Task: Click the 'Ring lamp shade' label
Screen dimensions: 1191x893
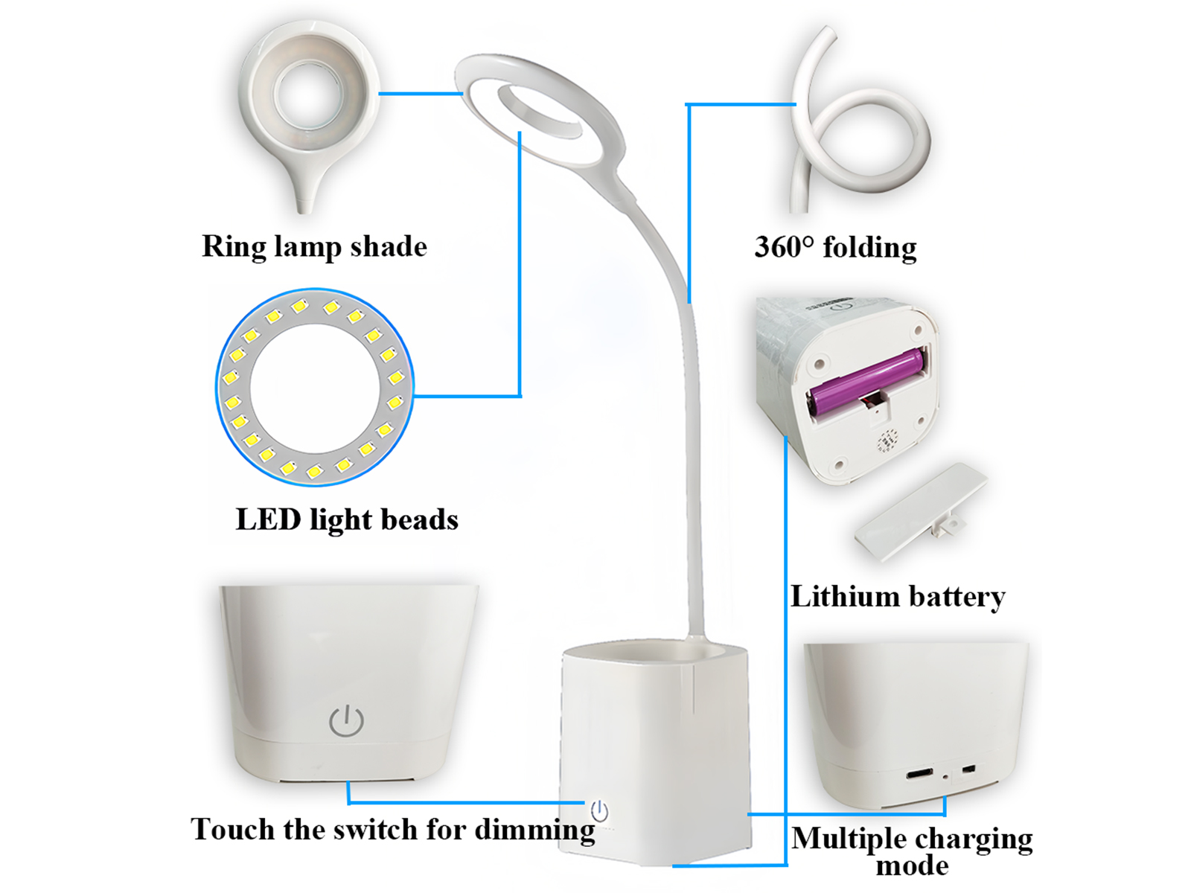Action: pos(314,247)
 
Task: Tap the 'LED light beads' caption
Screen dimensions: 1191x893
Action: pos(347,520)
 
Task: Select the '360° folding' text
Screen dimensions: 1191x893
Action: pos(836,248)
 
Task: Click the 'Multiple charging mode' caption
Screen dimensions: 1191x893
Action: pos(912,850)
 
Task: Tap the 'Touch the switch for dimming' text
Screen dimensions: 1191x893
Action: pos(393,830)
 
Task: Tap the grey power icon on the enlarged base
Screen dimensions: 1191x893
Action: pos(346,720)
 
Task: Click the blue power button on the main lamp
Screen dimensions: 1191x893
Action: pos(599,812)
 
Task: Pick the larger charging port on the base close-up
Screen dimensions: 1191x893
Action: pos(920,772)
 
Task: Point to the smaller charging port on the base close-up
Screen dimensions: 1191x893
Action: pos(968,770)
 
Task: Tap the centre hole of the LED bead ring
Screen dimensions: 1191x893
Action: pos(315,388)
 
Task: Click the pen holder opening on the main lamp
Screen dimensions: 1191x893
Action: pos(654,656)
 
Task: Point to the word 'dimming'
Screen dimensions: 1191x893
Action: pos(535,830)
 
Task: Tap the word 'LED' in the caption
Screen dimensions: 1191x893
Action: pos(268,519)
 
